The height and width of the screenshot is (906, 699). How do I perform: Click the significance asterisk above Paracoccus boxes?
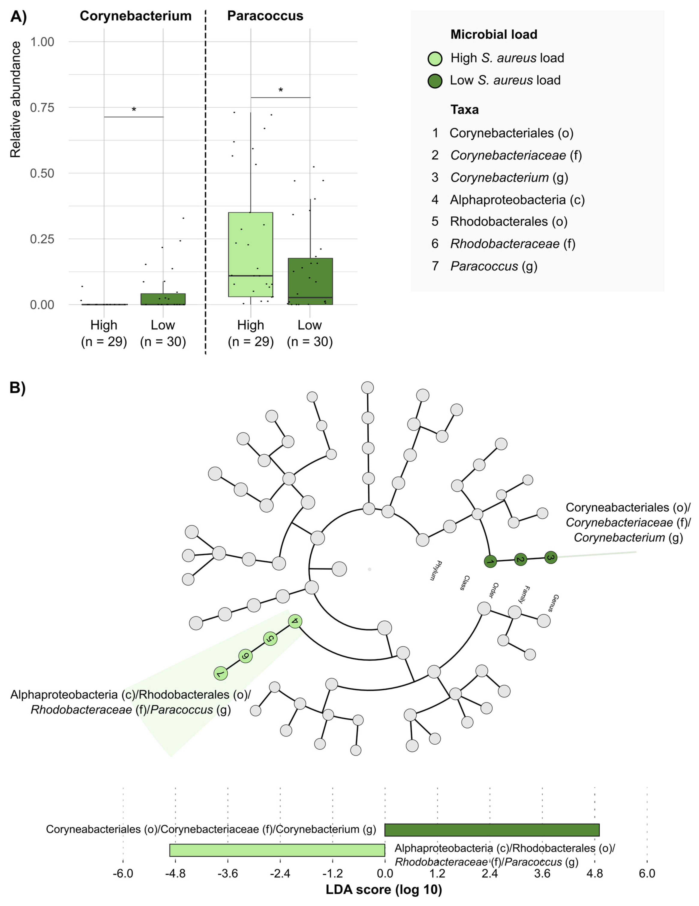(x=281, y=90)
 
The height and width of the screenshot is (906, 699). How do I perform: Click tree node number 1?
(x=490, y=562)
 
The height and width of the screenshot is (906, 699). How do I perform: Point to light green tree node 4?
(x=295, y=621)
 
